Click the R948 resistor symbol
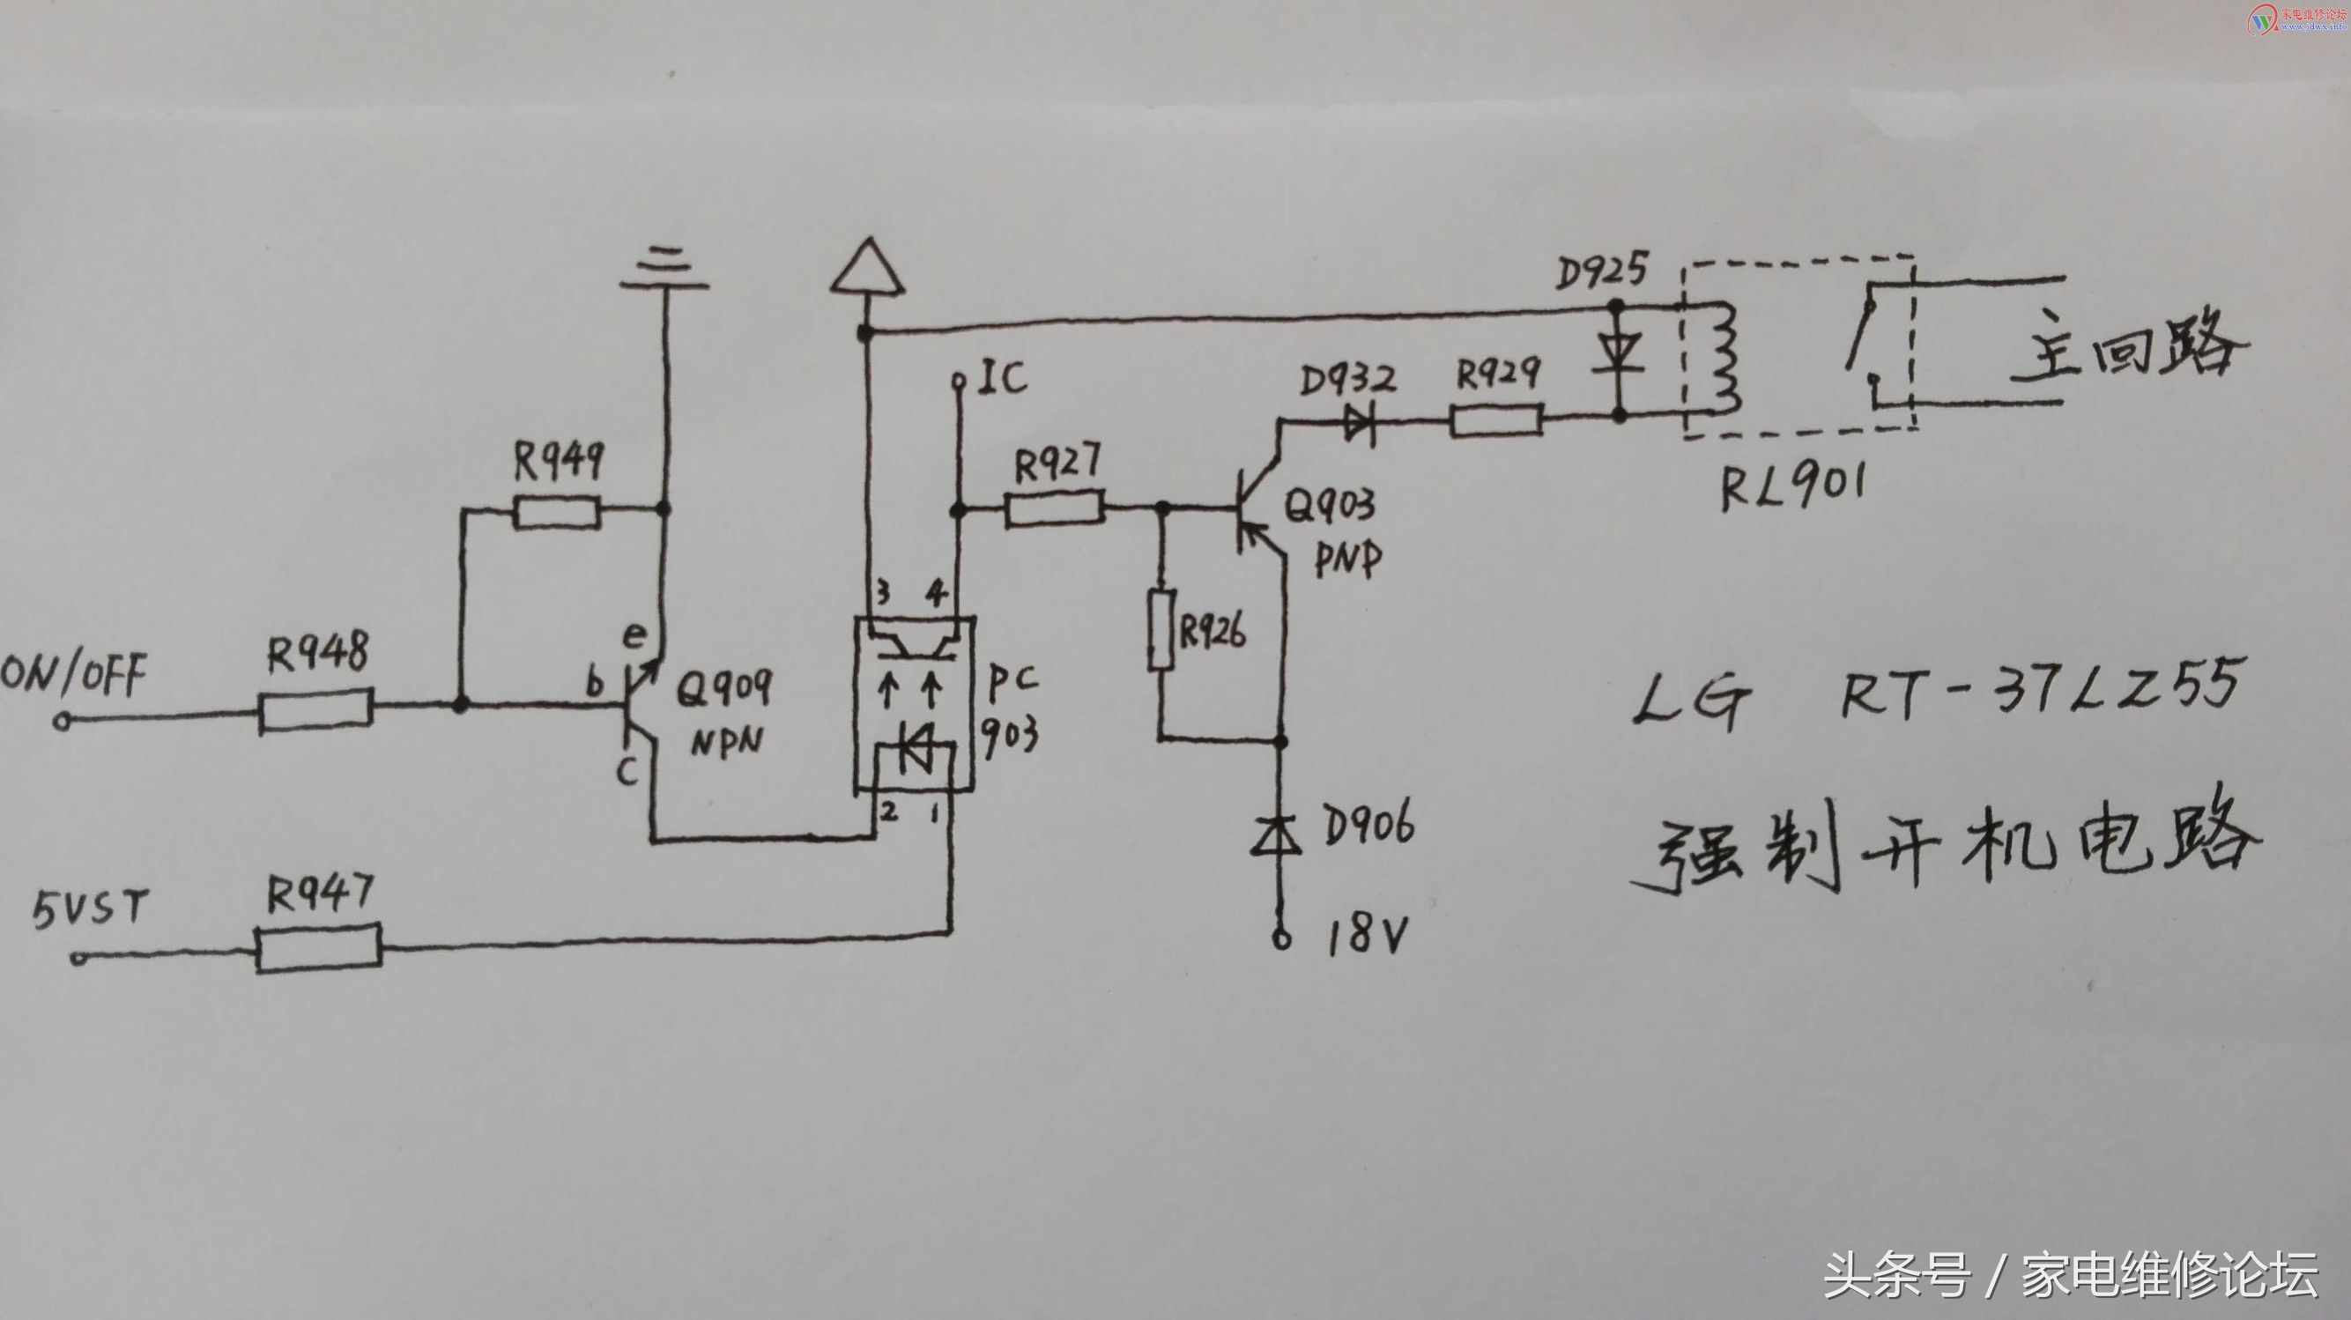click(315, 710)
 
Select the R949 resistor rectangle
click(557, 512)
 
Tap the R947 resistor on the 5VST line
click(318, 948)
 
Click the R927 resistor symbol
click(1054, 508)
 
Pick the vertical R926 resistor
click(1160, 631)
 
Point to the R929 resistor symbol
click(1497, 421)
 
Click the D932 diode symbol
click(1359, 423)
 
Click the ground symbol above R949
click(664, 270)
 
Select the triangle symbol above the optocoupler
click(867, 269)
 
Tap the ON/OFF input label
click(73, 676)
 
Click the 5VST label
click(90, 908)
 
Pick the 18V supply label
click(1366, 935)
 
